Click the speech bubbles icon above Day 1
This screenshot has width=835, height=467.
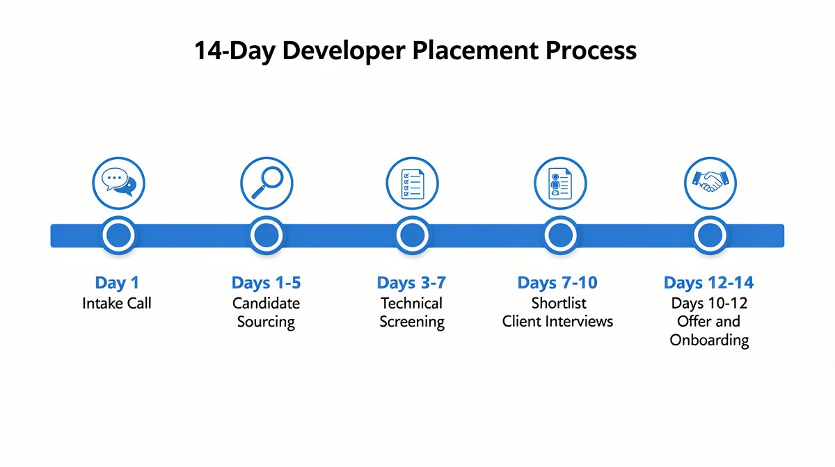tap(119, 183)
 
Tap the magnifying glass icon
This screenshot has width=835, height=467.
tap(267, 183)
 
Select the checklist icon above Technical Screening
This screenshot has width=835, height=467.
tap(413, 183)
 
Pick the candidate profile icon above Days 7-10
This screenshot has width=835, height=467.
tap(560, 183)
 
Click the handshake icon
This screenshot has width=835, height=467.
tap(710, 183)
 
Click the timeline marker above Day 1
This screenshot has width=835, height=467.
tap(119, 236)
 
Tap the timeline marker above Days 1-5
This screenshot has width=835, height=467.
tap(267, 236)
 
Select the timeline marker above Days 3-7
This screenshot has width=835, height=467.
tap(413, 236)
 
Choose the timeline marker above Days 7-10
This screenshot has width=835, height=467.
tap(560, 236)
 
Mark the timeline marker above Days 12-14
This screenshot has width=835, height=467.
tap(710, 236)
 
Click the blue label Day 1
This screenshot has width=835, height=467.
tap(116, 283)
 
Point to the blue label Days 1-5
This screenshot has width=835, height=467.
tap(266, 283)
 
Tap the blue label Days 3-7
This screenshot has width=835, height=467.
tap(411, 283)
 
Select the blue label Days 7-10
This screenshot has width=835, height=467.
tap(557, 283)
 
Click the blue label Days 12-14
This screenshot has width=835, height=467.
tap(708, 283)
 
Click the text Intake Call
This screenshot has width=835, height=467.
tap(116, 303)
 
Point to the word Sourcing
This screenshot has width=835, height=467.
tap(266, 322)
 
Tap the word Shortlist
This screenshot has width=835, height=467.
tap(558, 303)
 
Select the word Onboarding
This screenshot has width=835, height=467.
tap(709, 340)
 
